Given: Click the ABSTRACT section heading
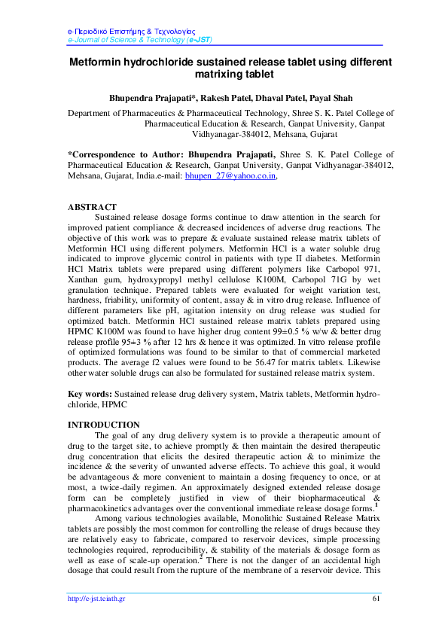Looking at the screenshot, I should tap(92, 207).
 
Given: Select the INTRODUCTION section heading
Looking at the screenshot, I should tap(104, 425).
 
